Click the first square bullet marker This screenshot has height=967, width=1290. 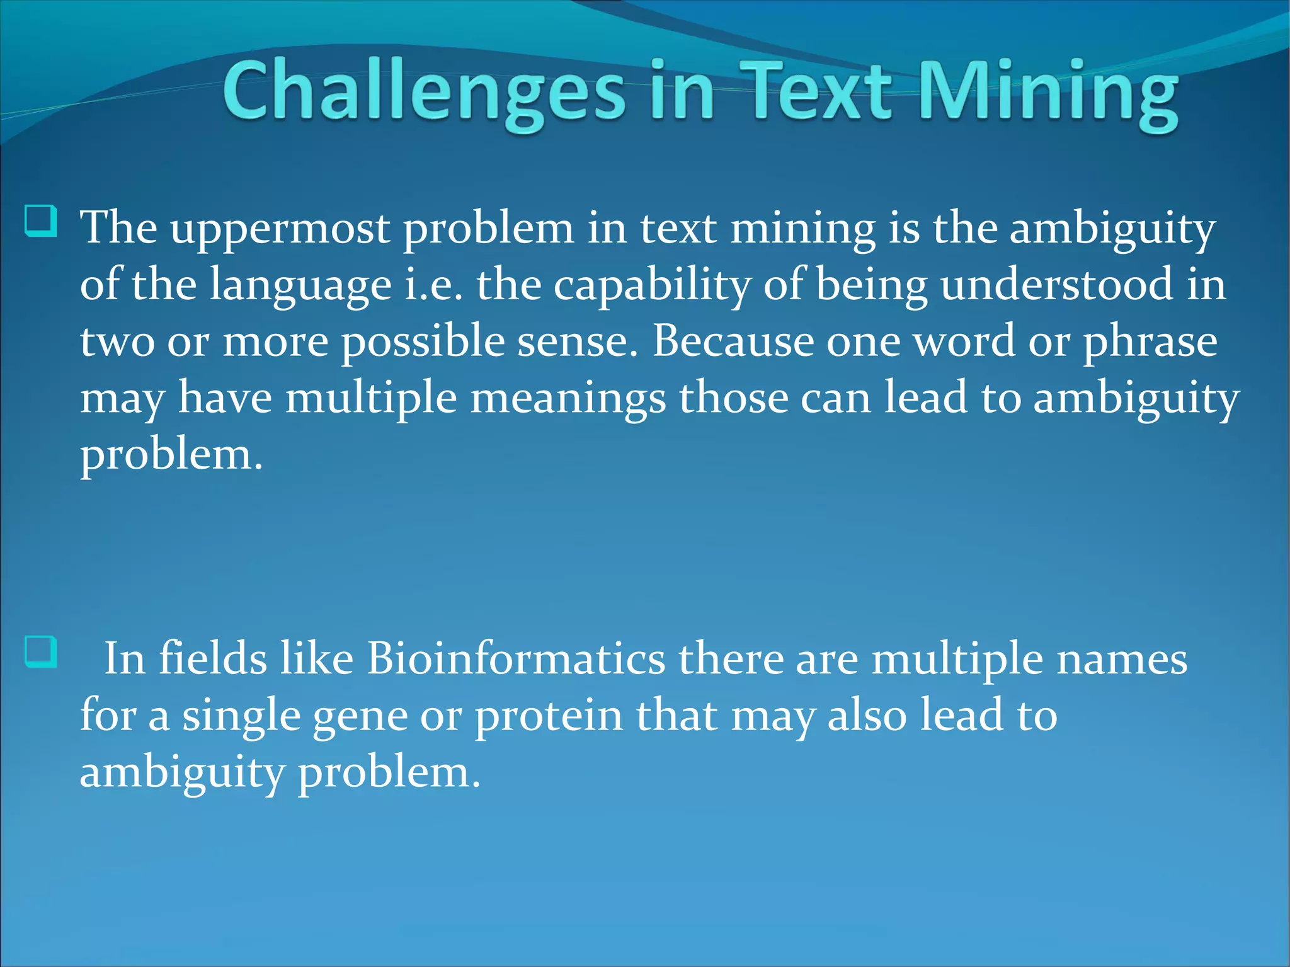point(41,222)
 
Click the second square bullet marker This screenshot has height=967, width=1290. point(41,652)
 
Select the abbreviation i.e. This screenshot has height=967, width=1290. point(433,285)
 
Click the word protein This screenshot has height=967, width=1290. point(548,717)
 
